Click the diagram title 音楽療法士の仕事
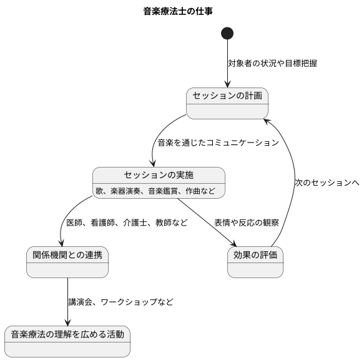[182, 11]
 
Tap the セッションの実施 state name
[159, 174]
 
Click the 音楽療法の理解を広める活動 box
[67, 341]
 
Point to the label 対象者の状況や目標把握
[272, 64]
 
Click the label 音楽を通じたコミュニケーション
[218, 142]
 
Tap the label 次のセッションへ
[327, 182]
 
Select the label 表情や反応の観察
[246, 222]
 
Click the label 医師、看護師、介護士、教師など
[127, 222]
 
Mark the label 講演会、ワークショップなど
[121, 302]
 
